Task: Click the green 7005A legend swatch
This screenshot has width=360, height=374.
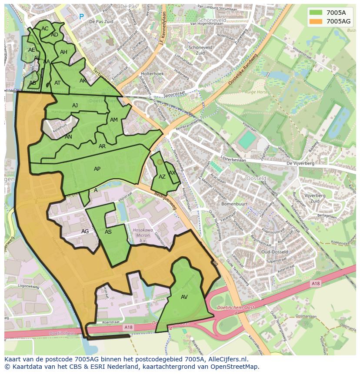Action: coord(316,13)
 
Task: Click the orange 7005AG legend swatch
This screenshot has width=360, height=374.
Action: coord(316,21)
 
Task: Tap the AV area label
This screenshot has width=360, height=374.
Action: coord(184,297)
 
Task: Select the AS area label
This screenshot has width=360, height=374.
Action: coord(108,232)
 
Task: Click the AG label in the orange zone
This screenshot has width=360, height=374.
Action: coord(85,232)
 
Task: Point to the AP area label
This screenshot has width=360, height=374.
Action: coord(97,169)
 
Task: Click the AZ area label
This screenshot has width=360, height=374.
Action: coord(162,177)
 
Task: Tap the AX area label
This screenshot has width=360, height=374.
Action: coord(172,172)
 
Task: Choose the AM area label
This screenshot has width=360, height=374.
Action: coord(114,120)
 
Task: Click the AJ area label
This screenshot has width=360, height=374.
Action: coord(75,106)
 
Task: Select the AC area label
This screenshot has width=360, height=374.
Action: coord(45,29)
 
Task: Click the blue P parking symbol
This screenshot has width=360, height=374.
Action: coord(81,17)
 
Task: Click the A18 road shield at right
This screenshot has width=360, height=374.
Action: coord(315,283)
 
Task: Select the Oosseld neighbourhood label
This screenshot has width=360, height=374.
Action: coord(257,178)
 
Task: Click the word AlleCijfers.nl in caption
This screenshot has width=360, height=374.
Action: coord(224,359)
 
